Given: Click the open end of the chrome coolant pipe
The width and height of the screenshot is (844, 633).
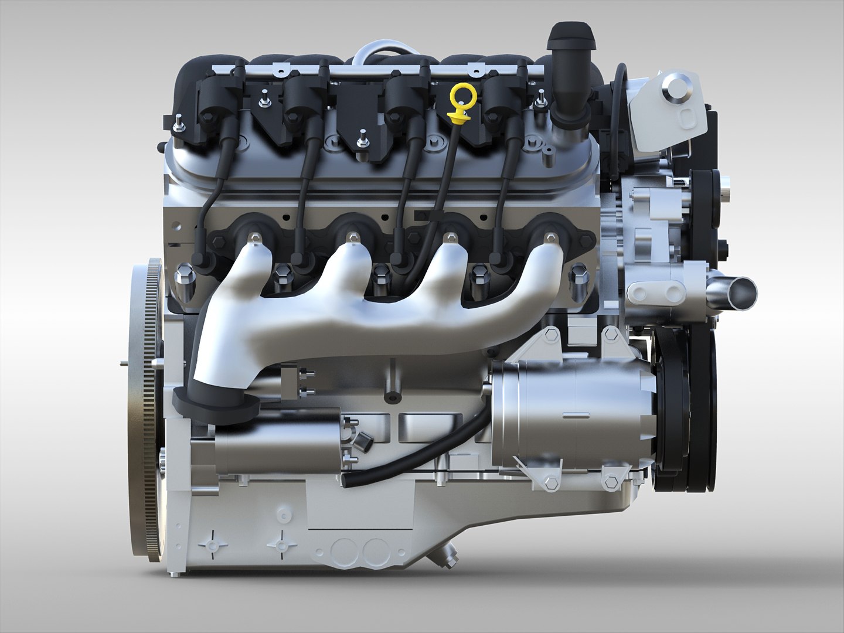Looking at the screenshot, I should coord(741,291).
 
